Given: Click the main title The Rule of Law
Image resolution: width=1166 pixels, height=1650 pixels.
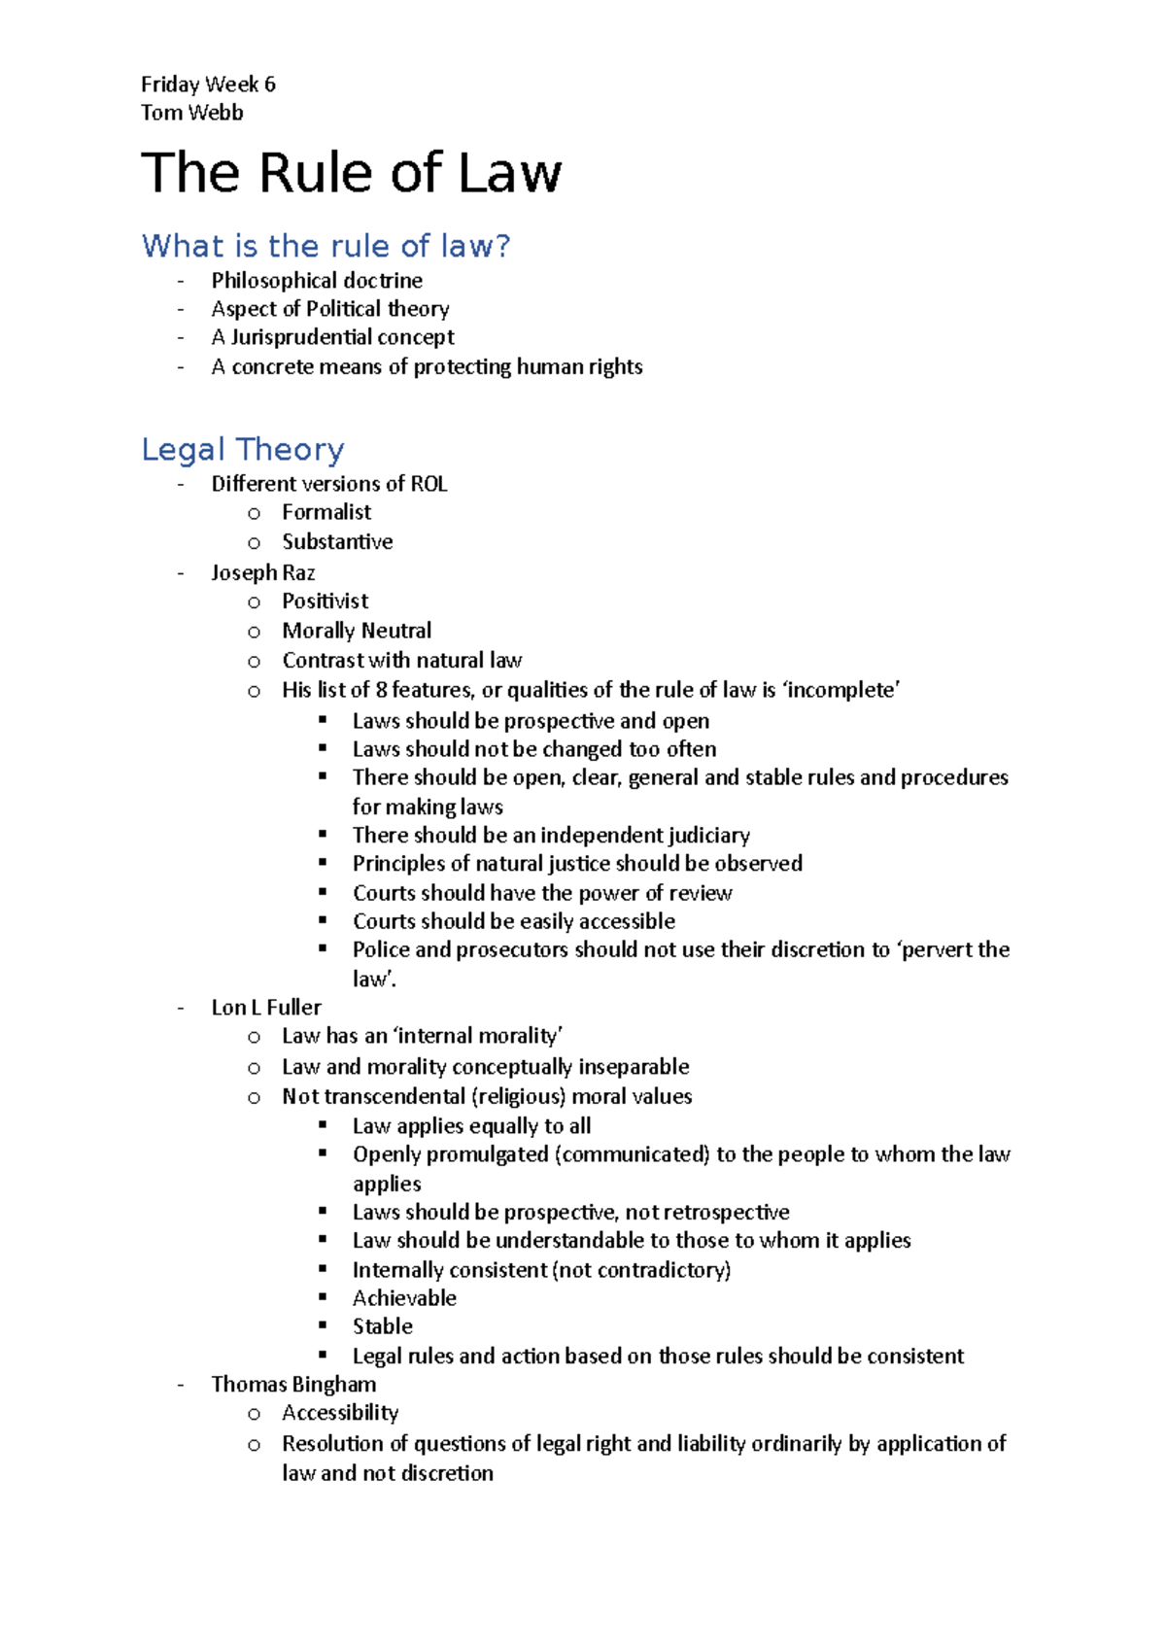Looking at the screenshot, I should (x=351, y=174).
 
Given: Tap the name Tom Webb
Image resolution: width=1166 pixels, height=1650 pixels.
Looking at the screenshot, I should (x=191, y=113).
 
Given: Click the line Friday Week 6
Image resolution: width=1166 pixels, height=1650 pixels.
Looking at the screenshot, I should (x=208, y=85).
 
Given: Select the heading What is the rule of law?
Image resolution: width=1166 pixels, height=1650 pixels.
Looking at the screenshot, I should (x=326, y=246).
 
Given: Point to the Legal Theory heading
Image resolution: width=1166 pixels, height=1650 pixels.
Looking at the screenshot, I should (x=243, y=450).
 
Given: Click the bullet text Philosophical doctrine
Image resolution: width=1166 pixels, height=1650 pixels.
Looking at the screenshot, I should (x=317, y=281).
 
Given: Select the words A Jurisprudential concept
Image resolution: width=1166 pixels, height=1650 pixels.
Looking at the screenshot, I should (x=332, y=337).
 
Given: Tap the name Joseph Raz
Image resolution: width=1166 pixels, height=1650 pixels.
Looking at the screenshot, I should (x=263, y=572).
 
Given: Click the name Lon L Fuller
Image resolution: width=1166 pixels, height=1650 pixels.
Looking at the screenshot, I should (x=266, y=1008).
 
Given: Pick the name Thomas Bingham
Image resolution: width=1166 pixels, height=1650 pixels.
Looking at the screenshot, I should (x=293, y=1384).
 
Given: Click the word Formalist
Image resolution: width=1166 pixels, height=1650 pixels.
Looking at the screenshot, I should (x=326, y=512).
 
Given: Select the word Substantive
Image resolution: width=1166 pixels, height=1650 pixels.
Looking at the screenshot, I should (x=337, y=542).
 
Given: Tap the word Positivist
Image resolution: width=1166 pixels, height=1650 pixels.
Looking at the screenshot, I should (x=325, y=602).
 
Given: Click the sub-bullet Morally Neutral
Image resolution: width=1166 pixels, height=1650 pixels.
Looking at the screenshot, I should (x=357, y=631).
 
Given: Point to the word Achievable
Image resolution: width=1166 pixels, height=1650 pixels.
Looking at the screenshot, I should (x=404, y=1298).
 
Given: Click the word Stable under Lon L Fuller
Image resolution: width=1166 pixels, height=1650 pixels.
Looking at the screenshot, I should (x=382, y=1326).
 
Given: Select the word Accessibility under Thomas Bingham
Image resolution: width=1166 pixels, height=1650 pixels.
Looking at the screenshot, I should (x=340, y=1413).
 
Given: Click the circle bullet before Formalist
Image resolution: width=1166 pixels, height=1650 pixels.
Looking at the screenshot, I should (x=255, y=514).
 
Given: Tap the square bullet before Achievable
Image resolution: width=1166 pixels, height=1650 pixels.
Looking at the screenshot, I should (x=324, y=1297).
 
